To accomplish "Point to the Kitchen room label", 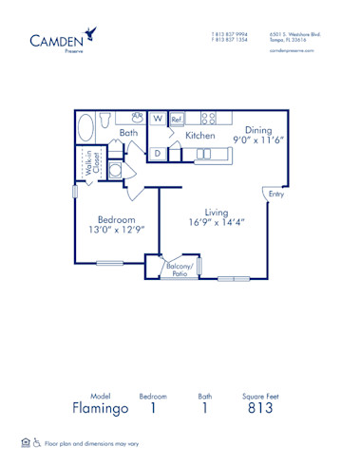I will (200, 136).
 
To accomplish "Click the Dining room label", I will (258, 131).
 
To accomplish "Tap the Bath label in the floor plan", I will (128, 135).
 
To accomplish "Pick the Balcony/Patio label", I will (179, 270).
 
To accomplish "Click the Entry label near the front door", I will (276, 195).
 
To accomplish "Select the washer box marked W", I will (157, 121).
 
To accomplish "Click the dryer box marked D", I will (158, 152).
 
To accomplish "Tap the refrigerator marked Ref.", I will (177, 121).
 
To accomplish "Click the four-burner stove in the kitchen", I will (208, 119).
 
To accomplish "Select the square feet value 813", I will (259, 409).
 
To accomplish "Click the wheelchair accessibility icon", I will (37, 442).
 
